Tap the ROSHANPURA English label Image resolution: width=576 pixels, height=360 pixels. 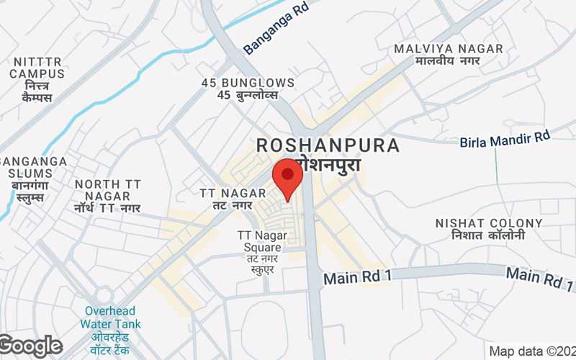328,145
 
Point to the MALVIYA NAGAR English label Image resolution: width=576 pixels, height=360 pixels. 449,49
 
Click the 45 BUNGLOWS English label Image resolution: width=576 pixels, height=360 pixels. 248,83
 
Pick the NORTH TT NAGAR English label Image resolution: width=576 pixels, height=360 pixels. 107,190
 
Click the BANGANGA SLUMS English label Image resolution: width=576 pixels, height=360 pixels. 32,167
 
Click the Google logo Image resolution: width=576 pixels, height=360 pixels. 31,346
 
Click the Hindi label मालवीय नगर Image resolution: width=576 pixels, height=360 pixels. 449,62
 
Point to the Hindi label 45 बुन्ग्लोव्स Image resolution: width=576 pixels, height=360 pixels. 248,96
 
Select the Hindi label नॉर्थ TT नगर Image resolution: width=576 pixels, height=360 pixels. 107,208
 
